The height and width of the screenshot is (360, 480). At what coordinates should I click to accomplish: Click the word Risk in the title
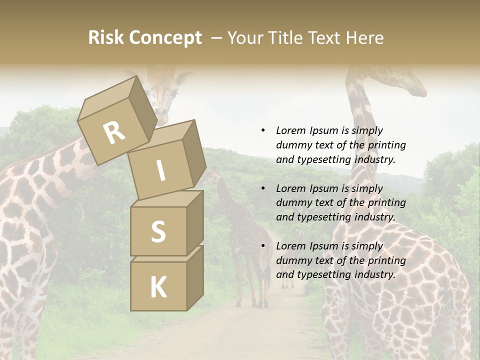[106, 38]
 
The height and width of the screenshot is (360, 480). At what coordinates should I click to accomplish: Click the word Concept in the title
[165, 38]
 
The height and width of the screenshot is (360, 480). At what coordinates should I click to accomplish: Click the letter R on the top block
[114, 133]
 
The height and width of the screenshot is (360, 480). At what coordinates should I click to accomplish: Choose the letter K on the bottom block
[158, 287]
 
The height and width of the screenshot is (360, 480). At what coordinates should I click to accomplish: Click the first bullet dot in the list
[263, 130]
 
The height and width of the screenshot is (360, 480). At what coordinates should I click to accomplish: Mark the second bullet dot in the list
[263, 188]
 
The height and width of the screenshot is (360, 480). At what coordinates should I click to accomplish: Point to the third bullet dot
[263, 246]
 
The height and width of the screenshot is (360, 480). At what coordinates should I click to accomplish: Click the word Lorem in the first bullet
[290, 130]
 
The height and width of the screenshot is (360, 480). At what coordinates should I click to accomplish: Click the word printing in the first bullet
[386, 145]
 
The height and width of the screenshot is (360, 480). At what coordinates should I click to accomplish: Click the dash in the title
[217, 38]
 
